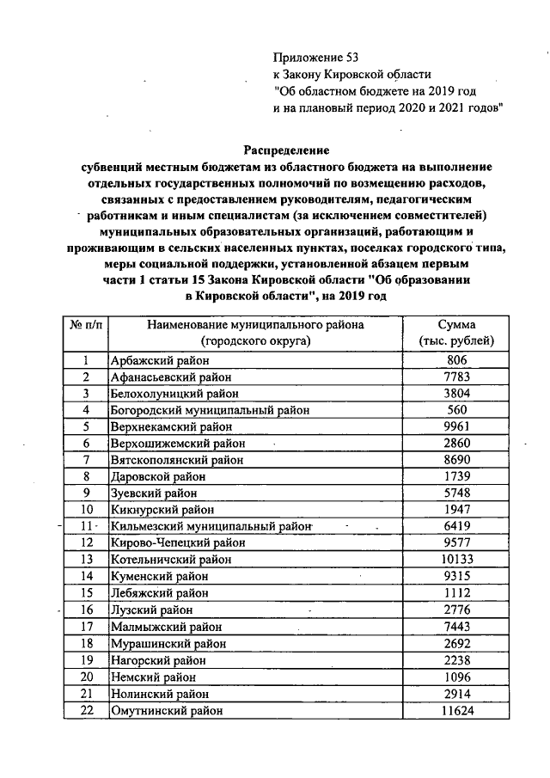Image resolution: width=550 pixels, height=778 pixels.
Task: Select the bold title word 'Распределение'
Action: coord(286,150)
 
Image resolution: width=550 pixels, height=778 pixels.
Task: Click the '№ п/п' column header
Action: coord(86,326)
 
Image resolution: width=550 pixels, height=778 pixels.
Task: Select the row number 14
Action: coord(86,576)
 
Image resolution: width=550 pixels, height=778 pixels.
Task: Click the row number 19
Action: coord(86,660)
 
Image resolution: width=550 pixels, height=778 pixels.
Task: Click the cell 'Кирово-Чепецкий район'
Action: coord(178,543)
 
